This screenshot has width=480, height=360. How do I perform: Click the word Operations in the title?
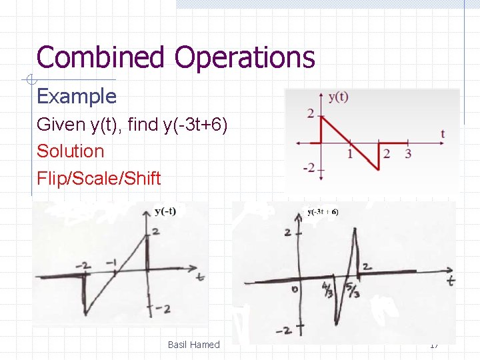245,57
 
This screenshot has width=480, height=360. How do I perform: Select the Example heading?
77,97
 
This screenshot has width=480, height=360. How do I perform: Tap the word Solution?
71,151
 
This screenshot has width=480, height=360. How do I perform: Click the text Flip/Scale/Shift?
99,179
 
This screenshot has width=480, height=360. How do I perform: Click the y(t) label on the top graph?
338,97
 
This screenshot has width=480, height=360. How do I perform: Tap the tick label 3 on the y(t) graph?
408,154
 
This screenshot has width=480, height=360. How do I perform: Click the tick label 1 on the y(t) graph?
350,154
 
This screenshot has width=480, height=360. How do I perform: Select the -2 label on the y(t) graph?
308,167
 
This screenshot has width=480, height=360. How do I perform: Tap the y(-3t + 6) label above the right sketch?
323,212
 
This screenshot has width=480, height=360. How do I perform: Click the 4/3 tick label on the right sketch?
329,291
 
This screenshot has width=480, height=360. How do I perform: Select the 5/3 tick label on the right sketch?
353,291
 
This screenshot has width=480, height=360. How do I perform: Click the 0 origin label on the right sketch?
294,289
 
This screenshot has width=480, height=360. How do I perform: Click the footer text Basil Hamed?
193,345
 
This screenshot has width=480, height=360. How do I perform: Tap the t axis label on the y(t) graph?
443,134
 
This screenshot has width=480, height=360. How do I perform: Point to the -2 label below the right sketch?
287,331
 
